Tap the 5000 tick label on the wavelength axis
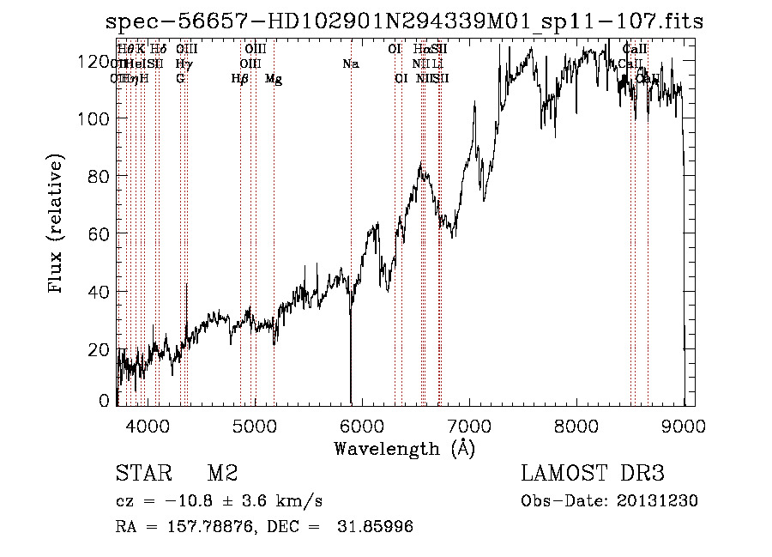pyautogui.click(x=254, y=425)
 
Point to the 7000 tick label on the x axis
pyautogui.click(x=469, y=425)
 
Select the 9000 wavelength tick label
pyautogui.click(x=684, y=425)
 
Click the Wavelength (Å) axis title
pyautogui.click(x=404, y=448)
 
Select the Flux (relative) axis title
pyautogui.click(x=57, y=226)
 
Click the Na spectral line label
pyautogui.click(x=350, y=64)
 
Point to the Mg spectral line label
pyautogui.click(x=274, y=79)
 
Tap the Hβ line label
pyautogui.click(x=240, y=79)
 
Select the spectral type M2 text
pyautogui.click(x=222, y=474)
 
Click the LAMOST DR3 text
pyautogui.click(x=593, y=474)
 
